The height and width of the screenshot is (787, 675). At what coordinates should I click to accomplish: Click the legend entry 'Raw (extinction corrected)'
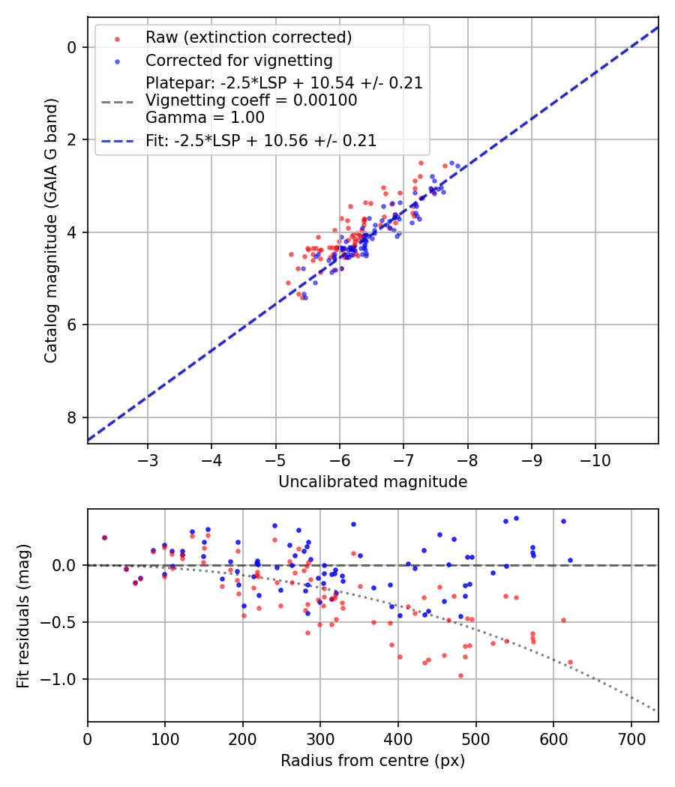(x=248, y=37)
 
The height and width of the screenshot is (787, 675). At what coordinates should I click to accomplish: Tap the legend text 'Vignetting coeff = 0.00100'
(x=251, y=100)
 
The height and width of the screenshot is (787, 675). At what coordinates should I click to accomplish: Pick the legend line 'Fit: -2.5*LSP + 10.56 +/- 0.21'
(x=260, y=140)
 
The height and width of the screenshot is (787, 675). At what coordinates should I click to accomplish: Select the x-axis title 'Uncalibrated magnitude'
(x=373, y=482)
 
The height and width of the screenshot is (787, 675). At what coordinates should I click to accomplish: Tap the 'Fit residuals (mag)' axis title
(x=23, y=615)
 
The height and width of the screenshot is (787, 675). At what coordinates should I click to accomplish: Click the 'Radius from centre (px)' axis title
(x=373, y=761)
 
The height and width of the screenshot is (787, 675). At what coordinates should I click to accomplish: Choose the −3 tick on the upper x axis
(x=148, y=457)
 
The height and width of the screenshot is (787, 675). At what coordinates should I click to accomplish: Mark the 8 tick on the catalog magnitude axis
(x=73, y=417)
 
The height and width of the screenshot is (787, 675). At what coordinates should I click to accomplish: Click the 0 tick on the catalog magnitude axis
(x=73, y=47)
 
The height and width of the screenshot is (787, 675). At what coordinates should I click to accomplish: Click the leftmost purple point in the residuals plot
(x=104, y=537)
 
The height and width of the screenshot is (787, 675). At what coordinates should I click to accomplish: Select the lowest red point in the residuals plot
(x=460, y=675)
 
